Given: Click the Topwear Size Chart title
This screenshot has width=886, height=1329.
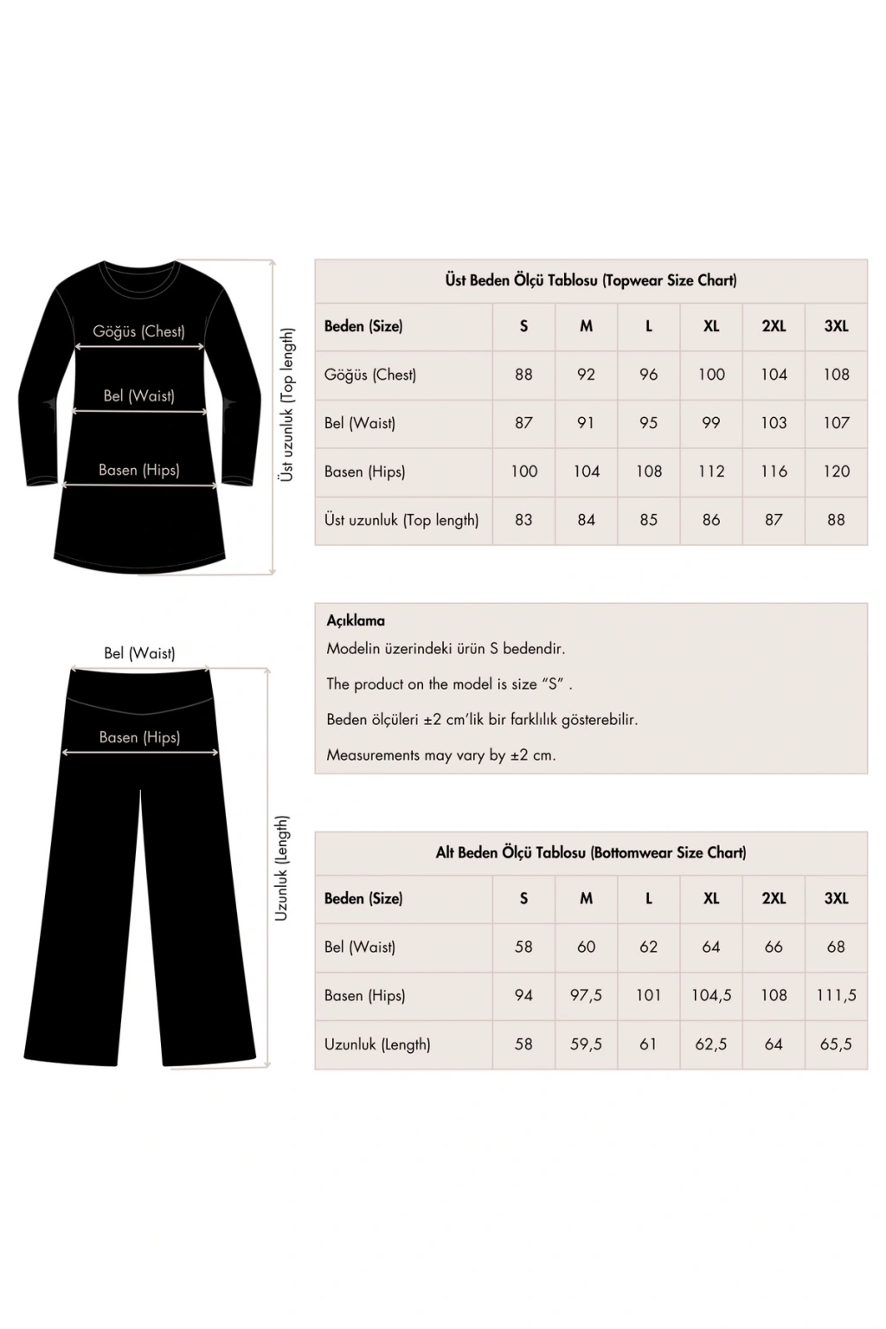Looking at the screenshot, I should (x=591, y=280).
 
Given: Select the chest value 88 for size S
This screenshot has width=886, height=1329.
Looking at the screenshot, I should (x=523, y=375).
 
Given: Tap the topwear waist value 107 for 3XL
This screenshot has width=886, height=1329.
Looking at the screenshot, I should (x=836, y=423).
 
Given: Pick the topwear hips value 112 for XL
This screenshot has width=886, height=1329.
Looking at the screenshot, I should (x=711, y=472).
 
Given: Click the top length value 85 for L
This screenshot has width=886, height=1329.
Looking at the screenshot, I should (x=649, y=520).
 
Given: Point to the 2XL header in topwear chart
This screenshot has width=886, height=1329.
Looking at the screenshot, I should (x=774, y=326).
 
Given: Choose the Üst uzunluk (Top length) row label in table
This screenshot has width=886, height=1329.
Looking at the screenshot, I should (x=401, y=520).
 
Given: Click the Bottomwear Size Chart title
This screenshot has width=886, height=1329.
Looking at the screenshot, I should (x=591, y=852).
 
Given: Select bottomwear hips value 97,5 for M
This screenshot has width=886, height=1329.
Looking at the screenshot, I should (x=586, y=995).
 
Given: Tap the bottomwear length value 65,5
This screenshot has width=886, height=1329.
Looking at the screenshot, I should (x=836, y=1044).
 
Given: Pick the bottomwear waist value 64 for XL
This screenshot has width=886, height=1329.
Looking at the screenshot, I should (x=711, y=947).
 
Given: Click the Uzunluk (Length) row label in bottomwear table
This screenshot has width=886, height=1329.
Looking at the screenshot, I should (x=377, y=1044).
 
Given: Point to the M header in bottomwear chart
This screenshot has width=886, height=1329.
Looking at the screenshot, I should (x=586, y=898).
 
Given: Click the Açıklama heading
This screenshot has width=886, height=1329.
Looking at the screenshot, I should (x=356, y=620).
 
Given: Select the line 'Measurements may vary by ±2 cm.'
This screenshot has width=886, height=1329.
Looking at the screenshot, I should (x=441, y=754).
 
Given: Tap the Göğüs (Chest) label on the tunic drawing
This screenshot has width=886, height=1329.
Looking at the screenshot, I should (x=138, y=331).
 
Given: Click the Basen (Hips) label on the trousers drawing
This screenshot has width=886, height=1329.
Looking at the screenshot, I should (x=139, y=737).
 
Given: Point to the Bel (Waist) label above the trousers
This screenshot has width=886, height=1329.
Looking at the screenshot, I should (x=139, y=653).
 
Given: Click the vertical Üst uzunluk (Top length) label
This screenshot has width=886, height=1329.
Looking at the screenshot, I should (x=287, y=405).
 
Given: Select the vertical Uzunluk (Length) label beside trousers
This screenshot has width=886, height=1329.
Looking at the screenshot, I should (x=282, y=868).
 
